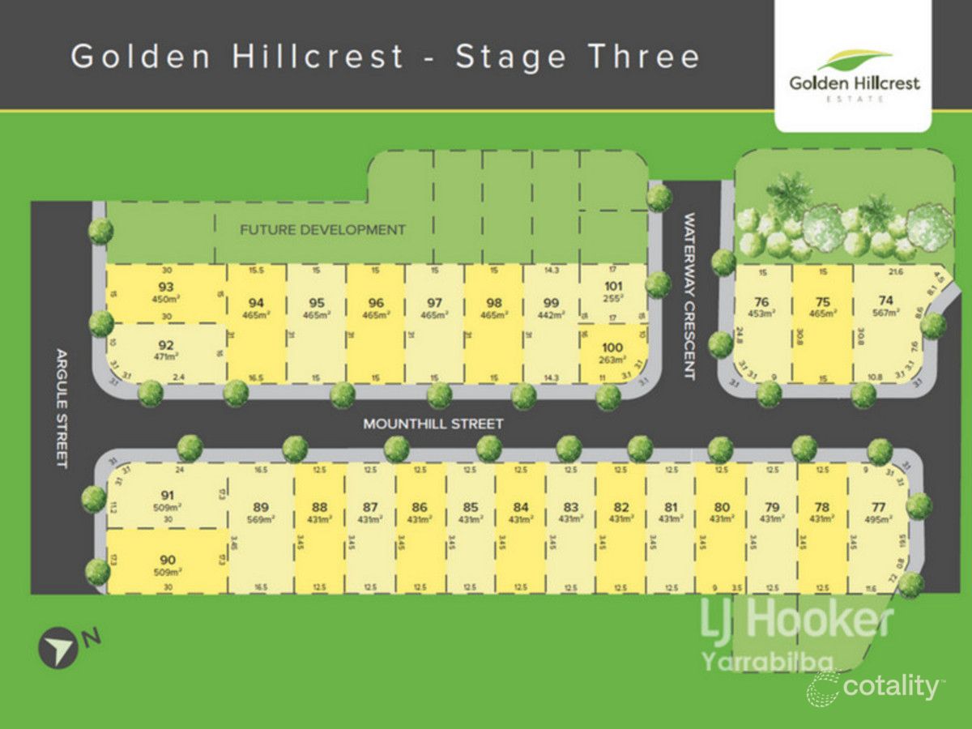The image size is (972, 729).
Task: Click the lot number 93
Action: [x=166, y=286]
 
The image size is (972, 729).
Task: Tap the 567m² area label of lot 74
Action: [x=885, y=313]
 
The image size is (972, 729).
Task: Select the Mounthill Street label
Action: [x=433, y=424]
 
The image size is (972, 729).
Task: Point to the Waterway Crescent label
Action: [x=690, y=296]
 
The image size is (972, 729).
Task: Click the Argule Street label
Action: [x=61, y=407]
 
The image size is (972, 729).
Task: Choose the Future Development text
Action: [x=322, y=230]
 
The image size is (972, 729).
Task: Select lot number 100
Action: [x=612, y=347]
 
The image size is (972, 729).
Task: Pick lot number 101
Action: [x=612, y=285]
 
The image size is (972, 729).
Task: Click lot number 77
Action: [x=879, y=508]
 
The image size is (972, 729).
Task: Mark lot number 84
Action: [x=520, y=508]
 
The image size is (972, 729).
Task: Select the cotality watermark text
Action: [x=889, y=687]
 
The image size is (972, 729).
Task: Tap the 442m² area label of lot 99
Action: [x=551, y=315]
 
